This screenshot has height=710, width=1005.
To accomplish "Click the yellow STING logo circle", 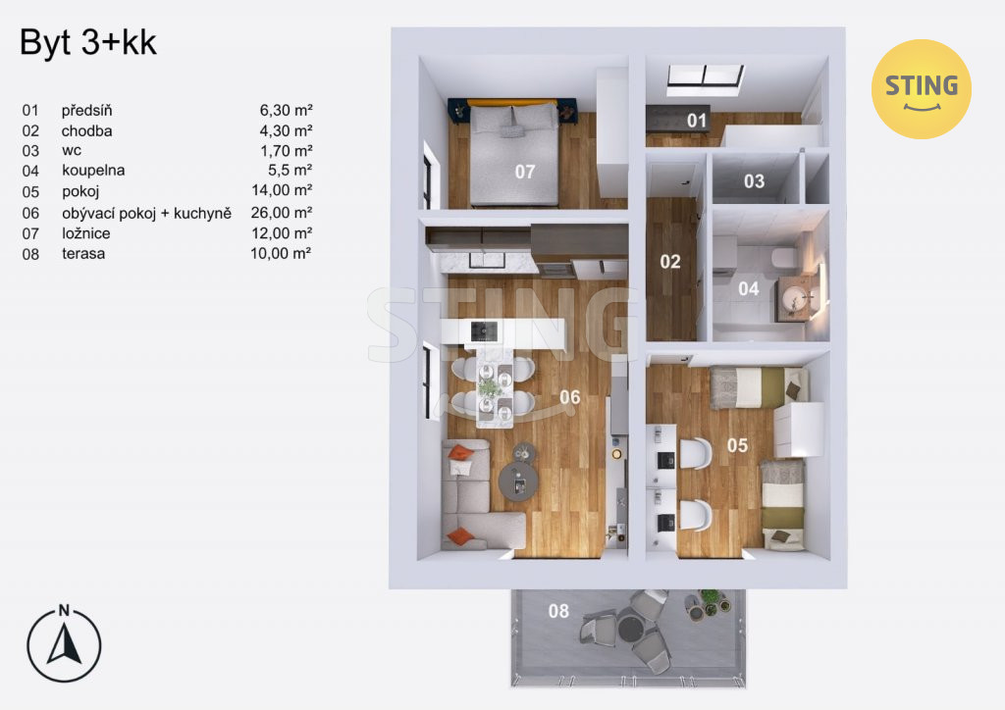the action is [x=921, y=89].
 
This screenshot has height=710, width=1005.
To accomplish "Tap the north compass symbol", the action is [x=64, y=642].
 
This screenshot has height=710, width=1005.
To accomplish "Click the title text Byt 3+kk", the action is [x=88, y=43].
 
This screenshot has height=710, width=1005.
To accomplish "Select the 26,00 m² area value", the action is [x=282, y=212].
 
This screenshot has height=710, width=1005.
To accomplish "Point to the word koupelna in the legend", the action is [x=93, y=171].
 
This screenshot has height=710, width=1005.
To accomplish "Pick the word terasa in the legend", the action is [x=83, y=254].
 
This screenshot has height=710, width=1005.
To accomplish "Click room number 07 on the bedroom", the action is [x=525, y=172].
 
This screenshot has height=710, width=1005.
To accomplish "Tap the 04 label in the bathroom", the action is [x=749, y=288].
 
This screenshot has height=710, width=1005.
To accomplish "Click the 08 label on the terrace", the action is [x=558, y=611].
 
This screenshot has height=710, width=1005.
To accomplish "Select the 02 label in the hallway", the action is [x=669, y=261].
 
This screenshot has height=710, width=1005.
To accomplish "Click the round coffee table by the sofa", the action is [x=519, y=482].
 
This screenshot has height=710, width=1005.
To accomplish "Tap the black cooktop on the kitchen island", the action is [x=484, y=331].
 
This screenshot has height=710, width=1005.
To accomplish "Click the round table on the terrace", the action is [x=631, y=628].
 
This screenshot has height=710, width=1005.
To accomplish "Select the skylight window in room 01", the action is [x=705, y=76].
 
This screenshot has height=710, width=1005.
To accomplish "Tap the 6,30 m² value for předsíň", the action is [x=286, y=110].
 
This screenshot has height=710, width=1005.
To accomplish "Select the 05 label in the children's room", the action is [x=737, y=445].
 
